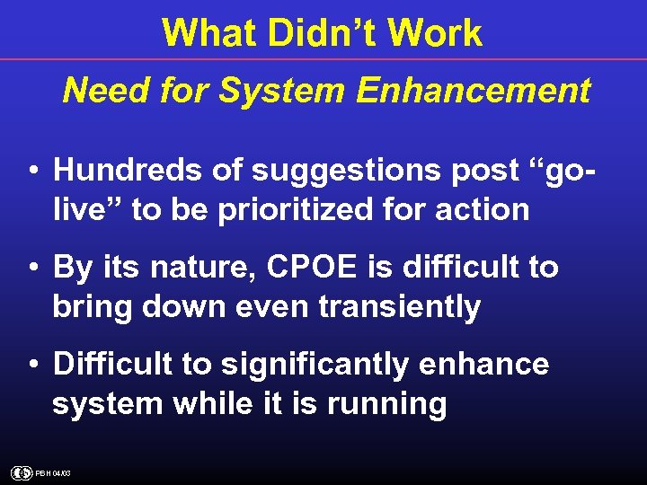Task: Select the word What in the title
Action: [x=204, y=34]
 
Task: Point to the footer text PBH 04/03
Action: [x=53, y=473]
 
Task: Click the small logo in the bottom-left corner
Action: [x=22, y=472]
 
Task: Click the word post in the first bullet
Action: [x=475, y=169]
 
